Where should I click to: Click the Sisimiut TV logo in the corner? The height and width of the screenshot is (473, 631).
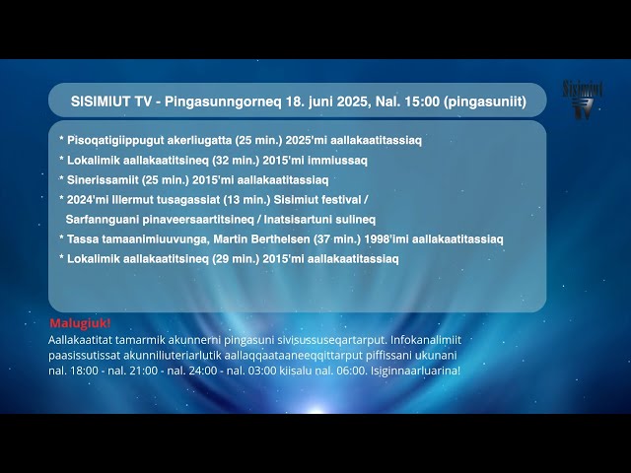coord(583,101)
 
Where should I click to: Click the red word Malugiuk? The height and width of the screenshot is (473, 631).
coord(80,323)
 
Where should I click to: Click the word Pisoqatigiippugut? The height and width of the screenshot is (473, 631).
coord(110,140)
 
